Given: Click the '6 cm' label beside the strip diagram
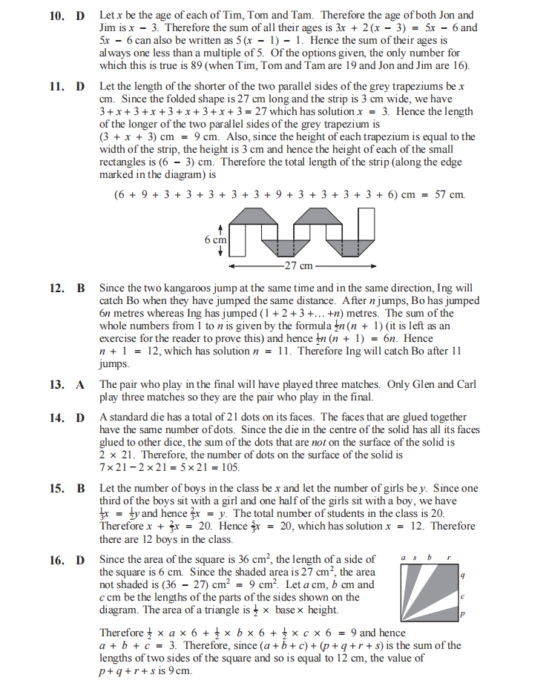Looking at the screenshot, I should [x=215, y=240].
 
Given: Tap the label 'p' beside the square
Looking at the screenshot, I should [x=462, y=614].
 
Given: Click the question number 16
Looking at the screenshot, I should [x=58, y=559].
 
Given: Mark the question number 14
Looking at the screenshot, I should [x=58, y=418].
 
